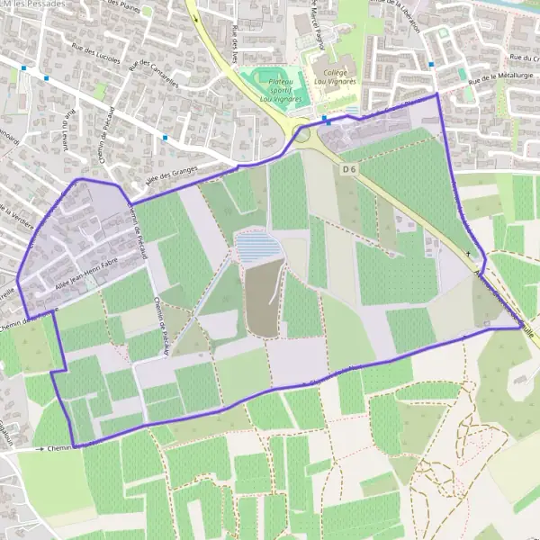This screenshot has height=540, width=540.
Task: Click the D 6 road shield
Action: (x=350, y=168)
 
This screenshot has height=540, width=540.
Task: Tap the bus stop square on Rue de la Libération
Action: (x=432, y=64)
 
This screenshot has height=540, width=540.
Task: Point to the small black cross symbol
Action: (x=468, y=255)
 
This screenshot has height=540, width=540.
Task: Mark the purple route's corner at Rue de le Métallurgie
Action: (x=437, y=94)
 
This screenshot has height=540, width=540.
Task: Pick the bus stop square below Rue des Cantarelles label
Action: (x=165, y=138)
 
